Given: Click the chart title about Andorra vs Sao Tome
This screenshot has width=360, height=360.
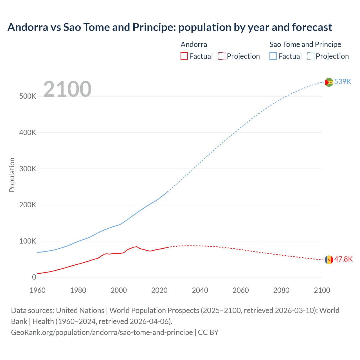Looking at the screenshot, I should click(170, 27).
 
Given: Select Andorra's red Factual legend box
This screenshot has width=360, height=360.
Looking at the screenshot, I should click(184, 56).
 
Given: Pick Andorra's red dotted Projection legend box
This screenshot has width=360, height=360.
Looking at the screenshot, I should click(222, 56).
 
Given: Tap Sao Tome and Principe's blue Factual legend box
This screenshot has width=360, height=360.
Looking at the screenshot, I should click(273, 56).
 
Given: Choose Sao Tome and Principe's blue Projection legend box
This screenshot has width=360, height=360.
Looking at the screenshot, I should click(311, 56).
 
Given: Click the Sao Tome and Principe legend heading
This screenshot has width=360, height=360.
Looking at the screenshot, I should click(305, 44).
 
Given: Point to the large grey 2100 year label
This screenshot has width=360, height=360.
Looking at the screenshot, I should click(67, 89).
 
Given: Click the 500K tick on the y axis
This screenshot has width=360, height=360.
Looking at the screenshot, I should click(28, 96).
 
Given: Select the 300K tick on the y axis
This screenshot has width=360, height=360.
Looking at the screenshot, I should click(28, 169).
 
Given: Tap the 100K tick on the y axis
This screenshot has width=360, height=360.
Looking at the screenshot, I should click(28, 241).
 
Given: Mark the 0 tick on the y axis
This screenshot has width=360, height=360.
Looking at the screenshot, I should click(34, 277).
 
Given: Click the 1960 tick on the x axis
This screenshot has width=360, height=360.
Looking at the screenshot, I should click(37, 290).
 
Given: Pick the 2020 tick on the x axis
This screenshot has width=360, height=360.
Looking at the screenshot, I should click(159, 290).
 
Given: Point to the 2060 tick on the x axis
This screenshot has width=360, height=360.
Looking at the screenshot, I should click(240, 290).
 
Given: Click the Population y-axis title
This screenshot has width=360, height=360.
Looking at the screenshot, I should click(12, 175).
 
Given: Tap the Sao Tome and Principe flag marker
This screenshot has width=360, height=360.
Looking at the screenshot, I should click(329, 82).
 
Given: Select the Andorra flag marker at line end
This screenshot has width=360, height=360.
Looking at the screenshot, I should click(329, 260).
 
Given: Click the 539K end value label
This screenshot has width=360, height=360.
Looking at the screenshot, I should click(343, 82).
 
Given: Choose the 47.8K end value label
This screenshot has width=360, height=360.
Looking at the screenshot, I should click(343, 259).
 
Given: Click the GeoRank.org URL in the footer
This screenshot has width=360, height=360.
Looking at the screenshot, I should click(102, 332).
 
